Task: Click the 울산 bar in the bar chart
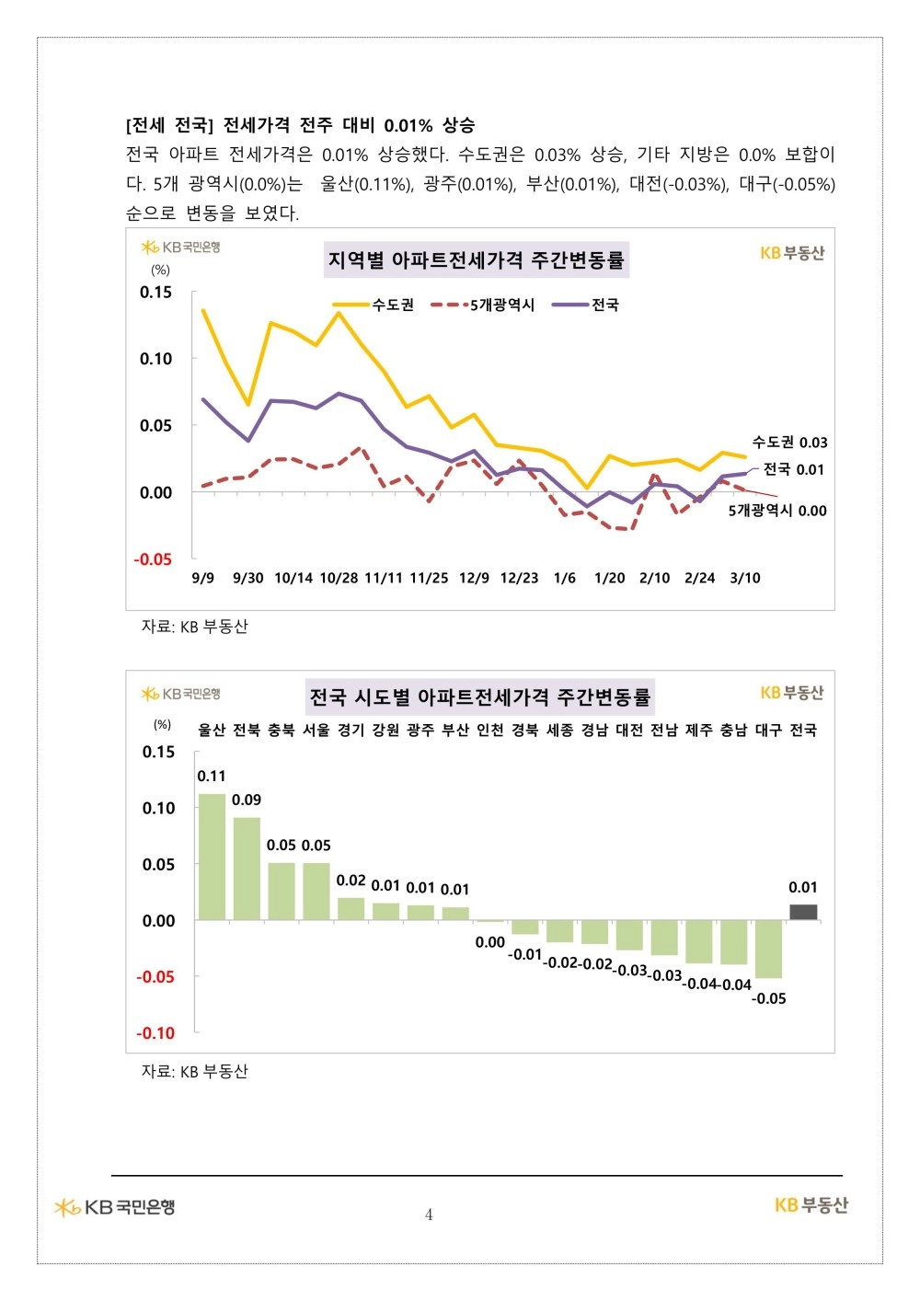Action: (x=212, y=857)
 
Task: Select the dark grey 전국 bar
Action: (x=802, y=913)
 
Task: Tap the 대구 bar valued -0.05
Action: (x=768, y=949)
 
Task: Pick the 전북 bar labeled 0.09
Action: (x=247, y=869)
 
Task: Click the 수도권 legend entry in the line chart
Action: (x=374, y=305)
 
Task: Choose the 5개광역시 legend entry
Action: (x=483, y=305)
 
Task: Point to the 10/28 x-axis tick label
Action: (x=339, y=578)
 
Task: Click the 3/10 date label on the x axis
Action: (x=745, y=578)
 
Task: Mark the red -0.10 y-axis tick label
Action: (x=155, y=1033)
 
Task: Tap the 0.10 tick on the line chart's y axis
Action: (x=155, y=358)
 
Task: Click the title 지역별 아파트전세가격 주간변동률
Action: (x=477, y=259)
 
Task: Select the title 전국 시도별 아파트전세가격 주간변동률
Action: (x=479, y=697)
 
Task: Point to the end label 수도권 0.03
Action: (x=790, y=443)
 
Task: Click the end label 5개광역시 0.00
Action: (x=777, y=511)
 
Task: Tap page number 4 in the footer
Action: (x=429, y=1215)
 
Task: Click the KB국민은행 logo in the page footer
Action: (x=114, y=1207)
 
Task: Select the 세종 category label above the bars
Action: (x=559, y=730)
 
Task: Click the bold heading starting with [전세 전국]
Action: (x=300, y=125)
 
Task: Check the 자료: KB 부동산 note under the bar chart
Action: (x=194, y=1071)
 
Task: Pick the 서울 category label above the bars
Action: (x=316, y=730)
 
